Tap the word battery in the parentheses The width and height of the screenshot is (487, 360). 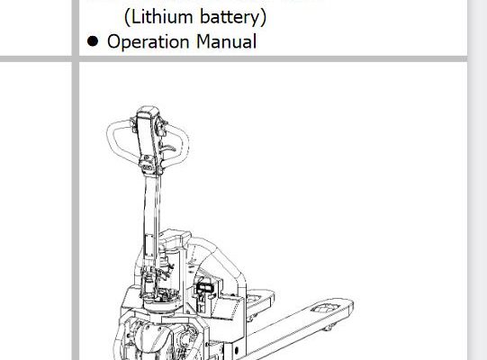tap(230, 17)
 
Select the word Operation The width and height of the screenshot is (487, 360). tap(148, 42)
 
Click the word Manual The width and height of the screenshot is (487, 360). tap(227, 41)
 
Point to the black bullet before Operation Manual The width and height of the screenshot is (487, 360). tap(93, 41)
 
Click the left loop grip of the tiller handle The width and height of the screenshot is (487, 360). tap(113, 137)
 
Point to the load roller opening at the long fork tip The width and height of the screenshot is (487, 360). tap(325, 308)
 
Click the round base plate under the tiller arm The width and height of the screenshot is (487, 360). tap(161, 304)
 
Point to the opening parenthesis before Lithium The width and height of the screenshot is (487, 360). tap(127, 17)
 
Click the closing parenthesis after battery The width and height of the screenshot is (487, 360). tap(264, 17)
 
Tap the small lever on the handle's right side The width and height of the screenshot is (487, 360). tap(169, 148)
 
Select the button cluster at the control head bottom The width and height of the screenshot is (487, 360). tap(148, 167)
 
